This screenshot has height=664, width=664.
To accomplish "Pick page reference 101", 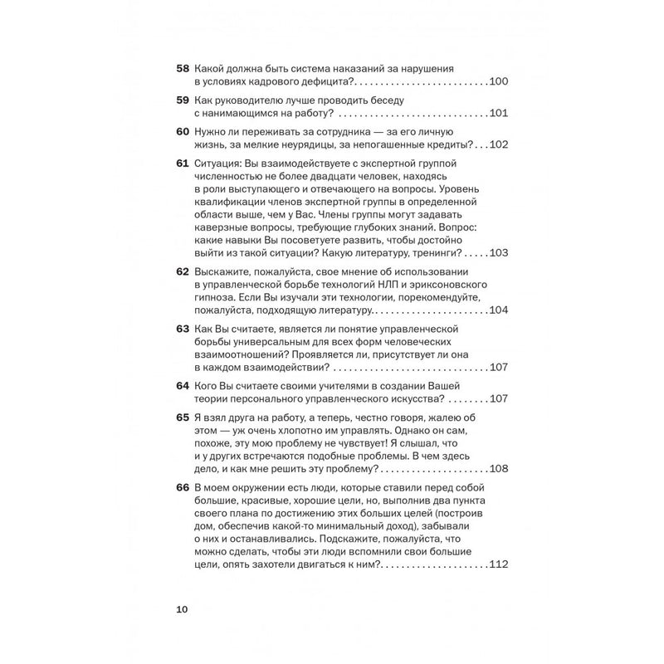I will pyautogui.click(x=499, y=113).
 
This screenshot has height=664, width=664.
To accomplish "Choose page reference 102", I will pyautogui.click(x=499, y=144).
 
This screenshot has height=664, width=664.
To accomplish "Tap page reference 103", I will pyautogui.click(x=499, y=252).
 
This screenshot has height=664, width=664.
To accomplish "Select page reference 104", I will pyautogui.click(x=499, y=310).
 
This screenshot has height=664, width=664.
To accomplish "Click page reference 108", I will pyautogui.click(x=499, y=469).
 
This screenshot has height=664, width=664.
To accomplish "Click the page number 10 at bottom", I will pyautogui.click(x=183, y=610).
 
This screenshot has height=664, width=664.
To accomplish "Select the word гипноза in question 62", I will pyautogui.click(x=217, y=296).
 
